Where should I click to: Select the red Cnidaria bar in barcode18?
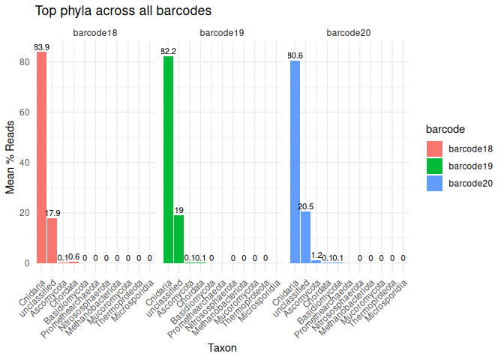[42, 157]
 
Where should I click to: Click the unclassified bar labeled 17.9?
[52, 240]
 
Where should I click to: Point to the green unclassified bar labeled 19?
[179, 238]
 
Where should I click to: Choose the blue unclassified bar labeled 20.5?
[306, 237]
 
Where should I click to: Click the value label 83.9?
[42, 47]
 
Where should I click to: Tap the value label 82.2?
[169, 51]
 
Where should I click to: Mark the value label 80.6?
[295, 55]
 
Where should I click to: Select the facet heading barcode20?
[348, 33]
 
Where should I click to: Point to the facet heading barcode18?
[94, 33]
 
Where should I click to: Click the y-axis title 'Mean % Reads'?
[10, 156]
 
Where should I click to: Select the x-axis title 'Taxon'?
[221, 347]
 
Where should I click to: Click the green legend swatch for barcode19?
[435, 165]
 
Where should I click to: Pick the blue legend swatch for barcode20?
[435, 183]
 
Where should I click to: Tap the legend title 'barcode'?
[444, 129]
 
